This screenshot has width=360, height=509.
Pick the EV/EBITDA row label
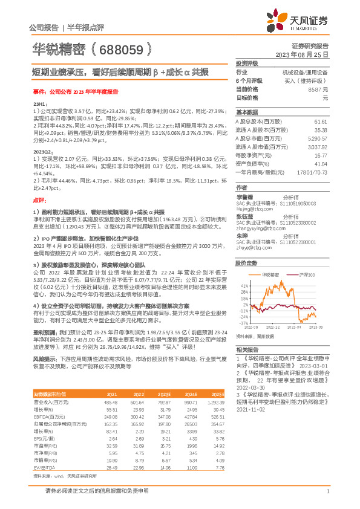click(x=44, y=468)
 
